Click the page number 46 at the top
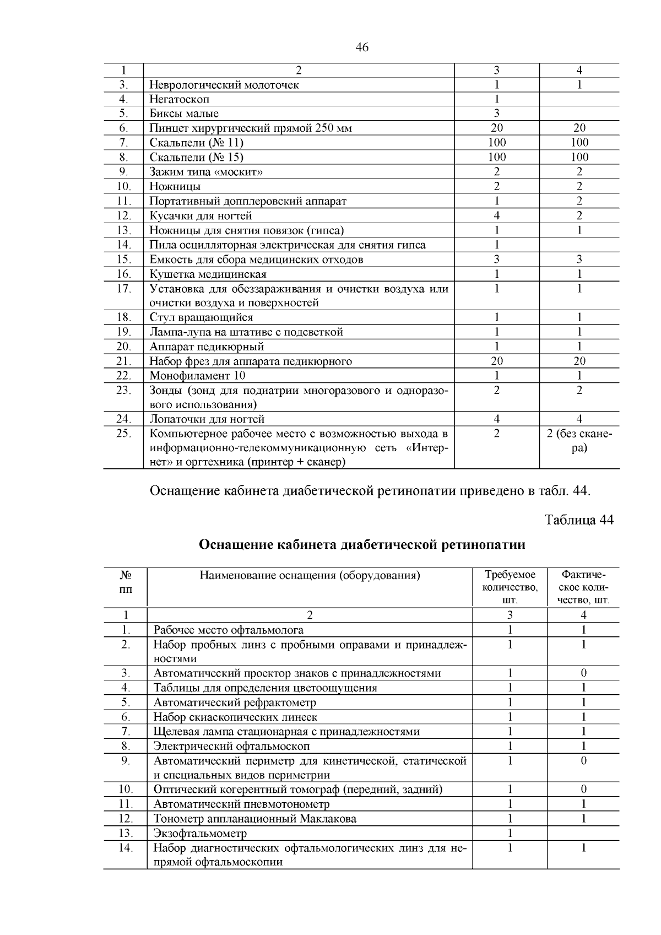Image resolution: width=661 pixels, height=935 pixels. [x=362, y=47]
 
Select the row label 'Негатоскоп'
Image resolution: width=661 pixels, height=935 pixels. [x=180, y=99]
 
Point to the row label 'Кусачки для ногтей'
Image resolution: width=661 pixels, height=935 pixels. [x=201, y=215]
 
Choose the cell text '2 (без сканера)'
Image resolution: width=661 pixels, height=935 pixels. [x=579, y=440]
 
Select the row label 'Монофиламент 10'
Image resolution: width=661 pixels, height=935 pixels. [x=198, y=376]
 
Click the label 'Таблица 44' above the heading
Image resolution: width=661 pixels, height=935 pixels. [x=578, y=520]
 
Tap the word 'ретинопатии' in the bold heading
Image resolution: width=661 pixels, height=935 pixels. [x=483, y=545]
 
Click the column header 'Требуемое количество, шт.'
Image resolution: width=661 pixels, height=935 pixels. [x=510, y=587]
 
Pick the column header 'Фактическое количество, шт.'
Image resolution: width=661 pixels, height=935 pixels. [x=583, y=587]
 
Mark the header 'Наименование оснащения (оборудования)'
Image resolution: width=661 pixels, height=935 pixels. [x=310, y=576]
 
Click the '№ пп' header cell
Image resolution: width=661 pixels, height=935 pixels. [x=126, y=582]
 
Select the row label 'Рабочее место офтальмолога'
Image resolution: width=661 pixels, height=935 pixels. [x=228, y=630]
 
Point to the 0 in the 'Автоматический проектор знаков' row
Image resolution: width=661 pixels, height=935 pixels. [x=583, y=673]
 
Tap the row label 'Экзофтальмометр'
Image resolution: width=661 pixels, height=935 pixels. [x=200, y=833]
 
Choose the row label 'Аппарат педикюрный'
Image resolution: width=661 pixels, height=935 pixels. [x=207, y=347]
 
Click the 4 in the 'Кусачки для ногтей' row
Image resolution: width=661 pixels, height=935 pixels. [x=496, y=215]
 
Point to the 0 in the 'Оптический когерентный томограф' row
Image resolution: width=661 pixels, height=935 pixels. [x=583, y=790]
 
